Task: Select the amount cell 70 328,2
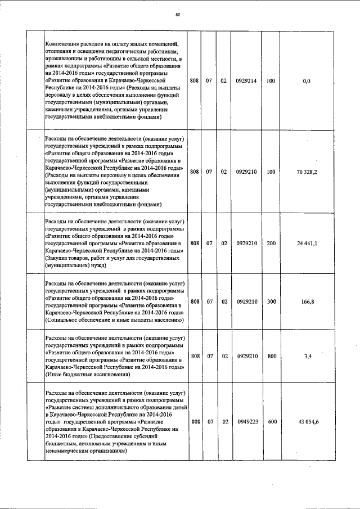click(x=307, y=172)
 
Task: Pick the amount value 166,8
click(x=307, y=302)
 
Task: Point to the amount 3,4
click(x=307, y=356)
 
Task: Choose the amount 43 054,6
click(x=307, y=422)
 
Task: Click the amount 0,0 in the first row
click(x=307, y=81)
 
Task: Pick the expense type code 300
click(x=271, y=302)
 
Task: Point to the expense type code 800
click(x=271, y=356)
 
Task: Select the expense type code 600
click(x=271, y=422)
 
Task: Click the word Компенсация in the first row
click(x=65, y=44)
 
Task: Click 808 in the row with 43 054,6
click(x=195, y=422)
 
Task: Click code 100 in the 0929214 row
click(x=271, y=81)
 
